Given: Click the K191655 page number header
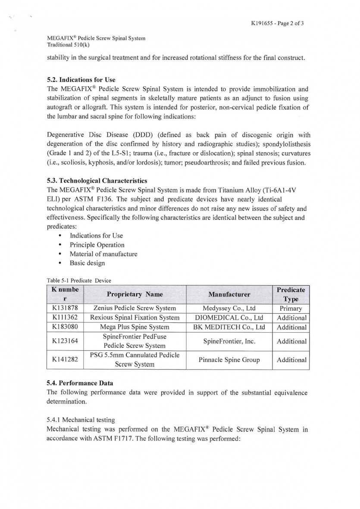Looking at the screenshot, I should pos(277,23).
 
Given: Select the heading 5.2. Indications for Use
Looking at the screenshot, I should pos(81,80).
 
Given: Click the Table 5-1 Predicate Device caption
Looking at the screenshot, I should pos(79,280).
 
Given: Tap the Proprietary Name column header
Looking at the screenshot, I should pos(135,294).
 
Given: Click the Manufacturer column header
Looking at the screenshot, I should pos(229,294).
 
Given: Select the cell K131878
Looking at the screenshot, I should pos(65,308).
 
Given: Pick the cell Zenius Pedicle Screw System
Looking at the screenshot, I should pos(135,308).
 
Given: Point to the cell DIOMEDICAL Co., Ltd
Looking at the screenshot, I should pos(229,318).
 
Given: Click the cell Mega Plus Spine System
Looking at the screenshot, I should pos(135,327).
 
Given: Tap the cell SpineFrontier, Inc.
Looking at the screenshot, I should pos(229,341).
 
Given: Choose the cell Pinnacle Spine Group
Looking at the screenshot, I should pos(229,360).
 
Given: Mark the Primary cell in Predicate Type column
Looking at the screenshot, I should pos(291,308).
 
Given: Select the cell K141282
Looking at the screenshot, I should pos(65,360).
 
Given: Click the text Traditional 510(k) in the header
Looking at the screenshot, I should pos(69,44).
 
